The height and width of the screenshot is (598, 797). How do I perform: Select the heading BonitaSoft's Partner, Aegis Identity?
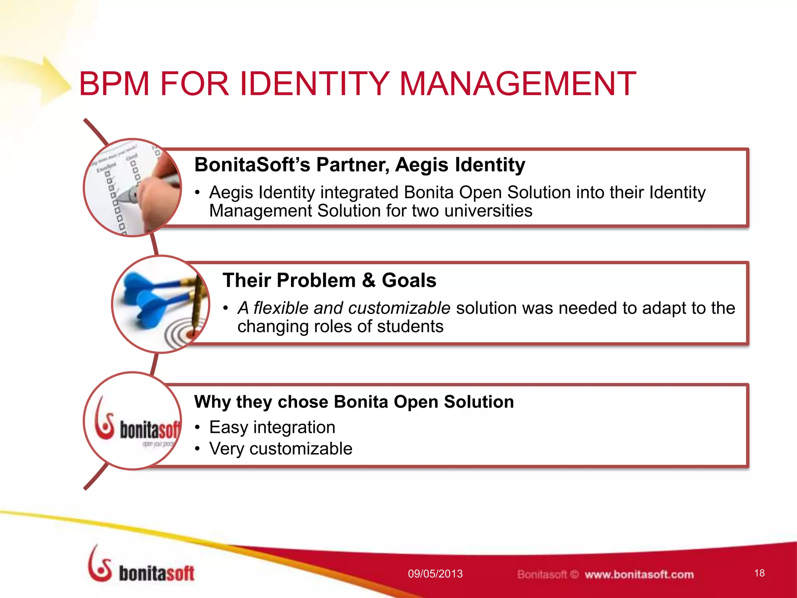(x=360, y=164)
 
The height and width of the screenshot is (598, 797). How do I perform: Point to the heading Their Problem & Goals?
(x=329, y=280)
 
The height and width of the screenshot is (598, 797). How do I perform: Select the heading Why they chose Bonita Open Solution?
(x=354, y=402)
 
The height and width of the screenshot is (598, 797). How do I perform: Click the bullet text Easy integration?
(x=272, y=427)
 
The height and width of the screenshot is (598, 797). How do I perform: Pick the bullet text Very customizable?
(x=281, y=448)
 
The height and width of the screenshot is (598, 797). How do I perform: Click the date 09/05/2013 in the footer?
(x=435, y=574)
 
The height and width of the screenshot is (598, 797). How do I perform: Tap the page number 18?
(x=759, y=573)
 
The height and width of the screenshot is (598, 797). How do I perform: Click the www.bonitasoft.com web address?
(x=639, y=575)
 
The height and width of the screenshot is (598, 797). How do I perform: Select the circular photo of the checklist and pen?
(x=132, y=188)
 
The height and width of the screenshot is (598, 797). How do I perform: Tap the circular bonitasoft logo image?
(x=132, y=421)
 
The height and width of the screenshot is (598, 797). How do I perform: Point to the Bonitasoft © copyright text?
(x=548, y=575)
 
